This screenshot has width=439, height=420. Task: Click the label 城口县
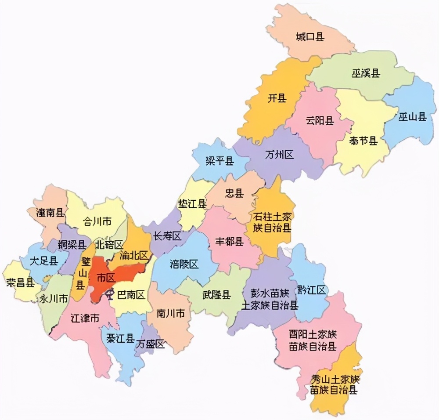[x=310, y=37]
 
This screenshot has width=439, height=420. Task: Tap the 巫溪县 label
[x=365, y=73]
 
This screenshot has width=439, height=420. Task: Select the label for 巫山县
[x=413, y=117]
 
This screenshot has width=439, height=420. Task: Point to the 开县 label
[x=277, y=98]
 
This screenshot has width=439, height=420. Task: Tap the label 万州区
[x=279, y=155]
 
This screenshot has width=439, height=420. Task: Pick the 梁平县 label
[x=219, y=161]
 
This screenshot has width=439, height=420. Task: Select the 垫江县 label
[x=192, y=204]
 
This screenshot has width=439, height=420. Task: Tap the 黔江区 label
[x=313, y=290]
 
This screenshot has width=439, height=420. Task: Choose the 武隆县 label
[x=216, y=295]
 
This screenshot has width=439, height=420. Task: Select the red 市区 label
[x=105, y=278]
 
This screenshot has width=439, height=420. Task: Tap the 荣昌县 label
[x=20, y=282]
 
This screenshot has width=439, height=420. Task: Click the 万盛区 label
[x=151, y=344]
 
